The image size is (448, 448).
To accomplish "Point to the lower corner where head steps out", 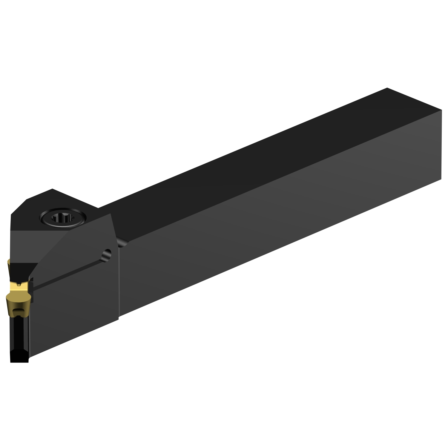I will [x=119, y=319].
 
